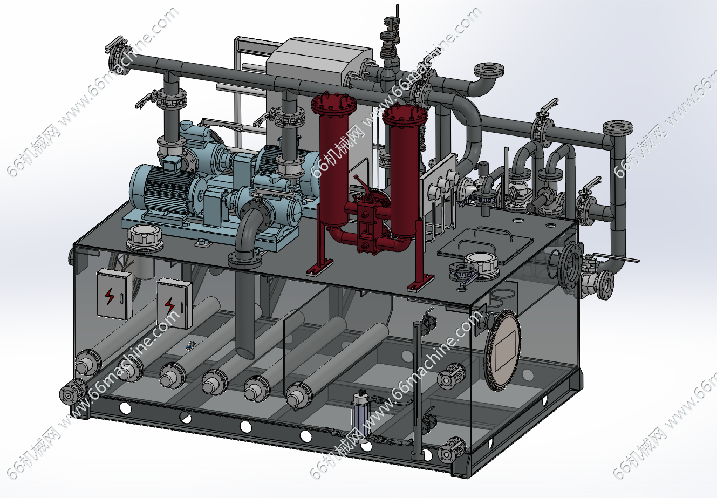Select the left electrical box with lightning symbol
113,295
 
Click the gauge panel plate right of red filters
440,186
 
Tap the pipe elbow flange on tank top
244,260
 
